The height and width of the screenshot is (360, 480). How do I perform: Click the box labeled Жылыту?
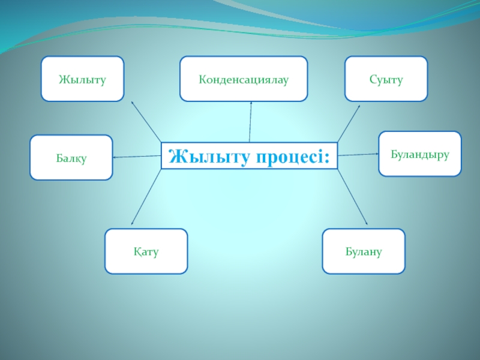point(82,79)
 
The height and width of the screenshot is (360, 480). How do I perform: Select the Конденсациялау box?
point(244,79)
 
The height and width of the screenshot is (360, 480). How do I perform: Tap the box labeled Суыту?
point(386,79)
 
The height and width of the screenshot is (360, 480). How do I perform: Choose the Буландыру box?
point(420,154)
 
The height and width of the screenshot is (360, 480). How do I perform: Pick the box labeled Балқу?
point(71,157)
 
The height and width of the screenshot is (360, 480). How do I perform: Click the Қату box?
point(146,251)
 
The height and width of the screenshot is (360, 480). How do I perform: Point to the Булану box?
point(364,251)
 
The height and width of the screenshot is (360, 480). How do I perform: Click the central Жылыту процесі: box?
point(249,155)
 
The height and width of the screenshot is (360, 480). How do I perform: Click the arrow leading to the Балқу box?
point(137,157)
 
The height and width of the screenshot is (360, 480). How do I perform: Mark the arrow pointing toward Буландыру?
point(358,154)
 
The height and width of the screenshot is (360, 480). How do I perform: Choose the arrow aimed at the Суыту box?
point(349,124)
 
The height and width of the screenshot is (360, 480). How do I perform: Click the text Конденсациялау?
point(244,79)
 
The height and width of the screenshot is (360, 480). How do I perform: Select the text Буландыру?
point(420,154)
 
